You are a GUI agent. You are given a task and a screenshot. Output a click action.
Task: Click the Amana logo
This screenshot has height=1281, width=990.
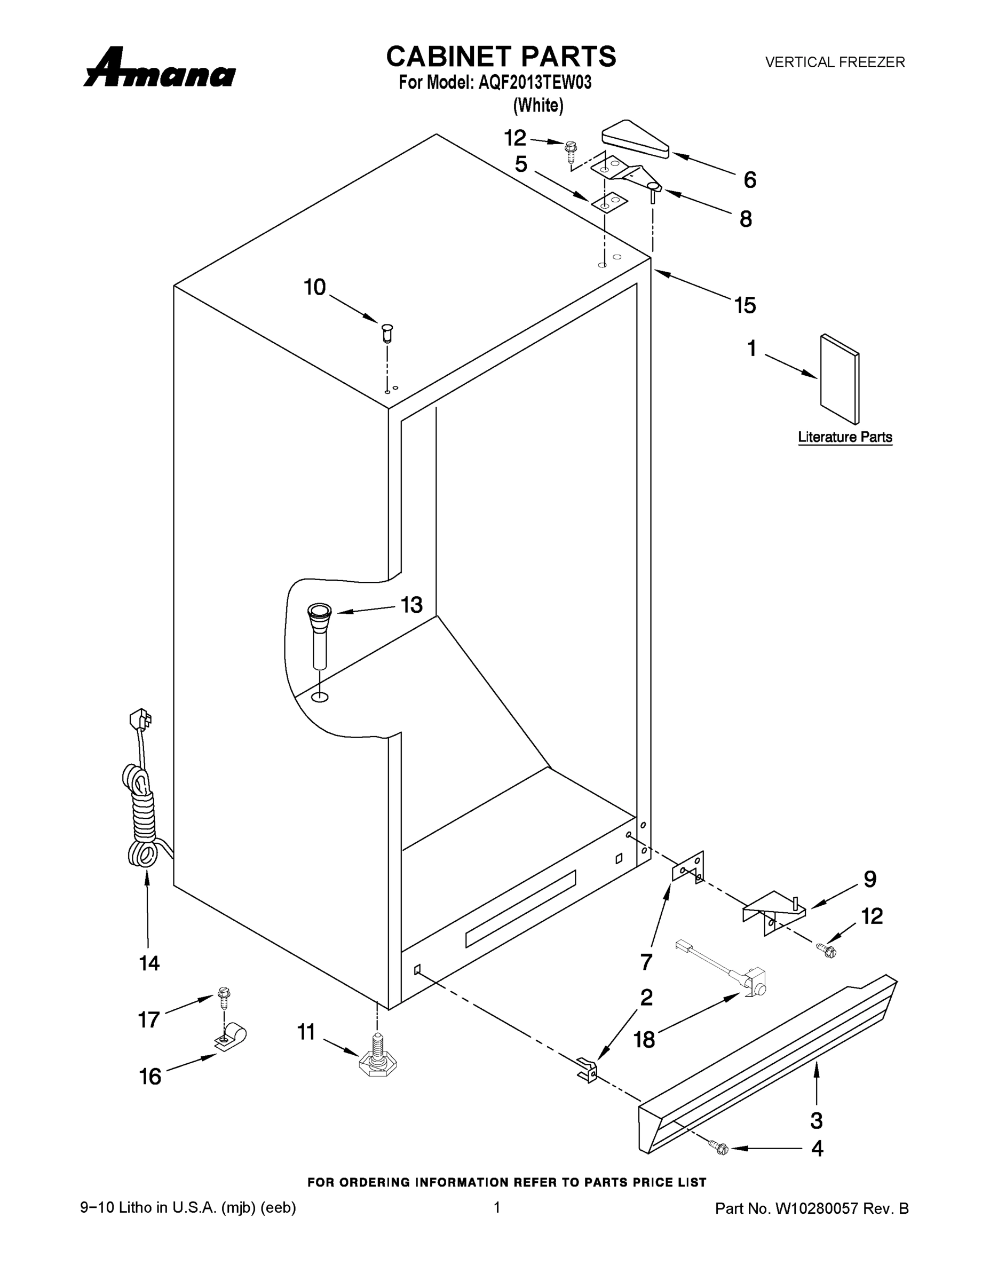tap(160, 69)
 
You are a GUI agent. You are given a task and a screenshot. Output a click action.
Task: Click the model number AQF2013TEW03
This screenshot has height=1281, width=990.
tap(534, 83)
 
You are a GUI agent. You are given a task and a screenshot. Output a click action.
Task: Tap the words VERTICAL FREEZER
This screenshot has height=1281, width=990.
tap(835, 62)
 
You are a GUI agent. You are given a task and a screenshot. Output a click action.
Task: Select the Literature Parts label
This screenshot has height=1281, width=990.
tap(844, 437)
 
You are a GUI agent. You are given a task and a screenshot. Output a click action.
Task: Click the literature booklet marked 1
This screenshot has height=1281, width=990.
tap(839, 379)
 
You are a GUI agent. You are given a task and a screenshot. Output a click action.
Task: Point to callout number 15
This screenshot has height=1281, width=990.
tap(745, 306)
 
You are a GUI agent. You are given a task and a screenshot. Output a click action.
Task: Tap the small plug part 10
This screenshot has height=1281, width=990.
tap(386, 333)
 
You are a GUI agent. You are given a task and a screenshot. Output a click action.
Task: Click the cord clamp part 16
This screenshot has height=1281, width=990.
tap(231, 1038)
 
